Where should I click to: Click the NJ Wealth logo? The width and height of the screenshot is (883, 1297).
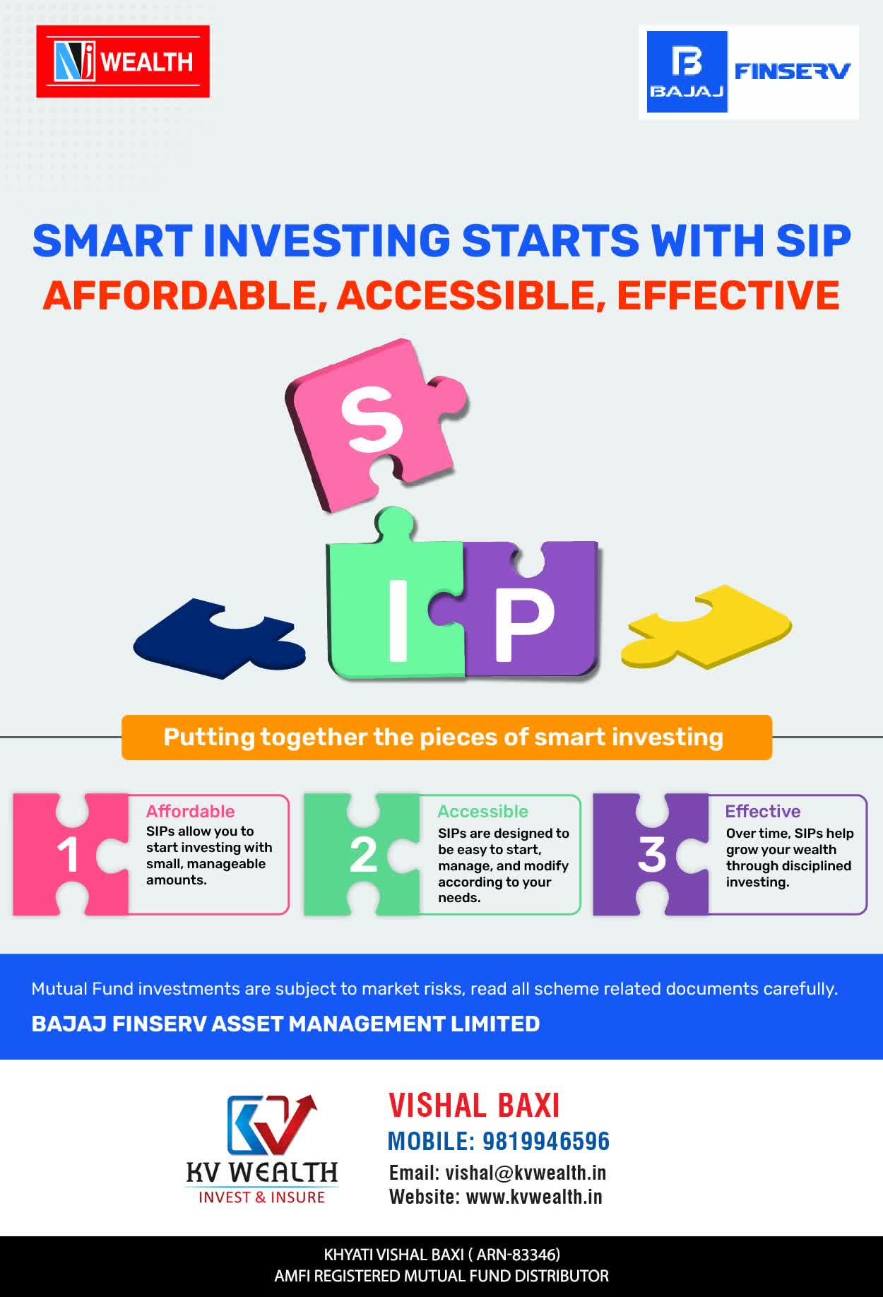tap(123, 61)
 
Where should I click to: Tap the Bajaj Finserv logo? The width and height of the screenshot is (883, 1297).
tap(749, 72)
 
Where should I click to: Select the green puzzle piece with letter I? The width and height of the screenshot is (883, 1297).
tap(396, 600)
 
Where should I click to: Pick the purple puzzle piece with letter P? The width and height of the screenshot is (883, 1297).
tap(526, 611)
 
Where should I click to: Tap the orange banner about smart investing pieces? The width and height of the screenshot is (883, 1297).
tap(446, 738)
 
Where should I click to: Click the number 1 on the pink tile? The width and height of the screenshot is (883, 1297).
tap(68, 855)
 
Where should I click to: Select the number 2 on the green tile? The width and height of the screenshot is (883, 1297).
tap(363, 855)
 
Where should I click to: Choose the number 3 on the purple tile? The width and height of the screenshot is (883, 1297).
tap(652, 854)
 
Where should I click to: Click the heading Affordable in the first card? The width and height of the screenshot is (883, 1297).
tap(190, 811)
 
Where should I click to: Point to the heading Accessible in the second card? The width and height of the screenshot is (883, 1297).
tap(482, 811)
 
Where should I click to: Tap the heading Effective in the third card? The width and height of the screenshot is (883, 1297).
tap(763, 811)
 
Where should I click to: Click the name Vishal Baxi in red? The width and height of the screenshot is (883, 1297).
tap(474, 1106)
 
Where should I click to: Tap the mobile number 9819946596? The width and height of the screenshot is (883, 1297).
tap(546, 1141)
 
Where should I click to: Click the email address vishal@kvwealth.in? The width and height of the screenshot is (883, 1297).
tap(526, 1173)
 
